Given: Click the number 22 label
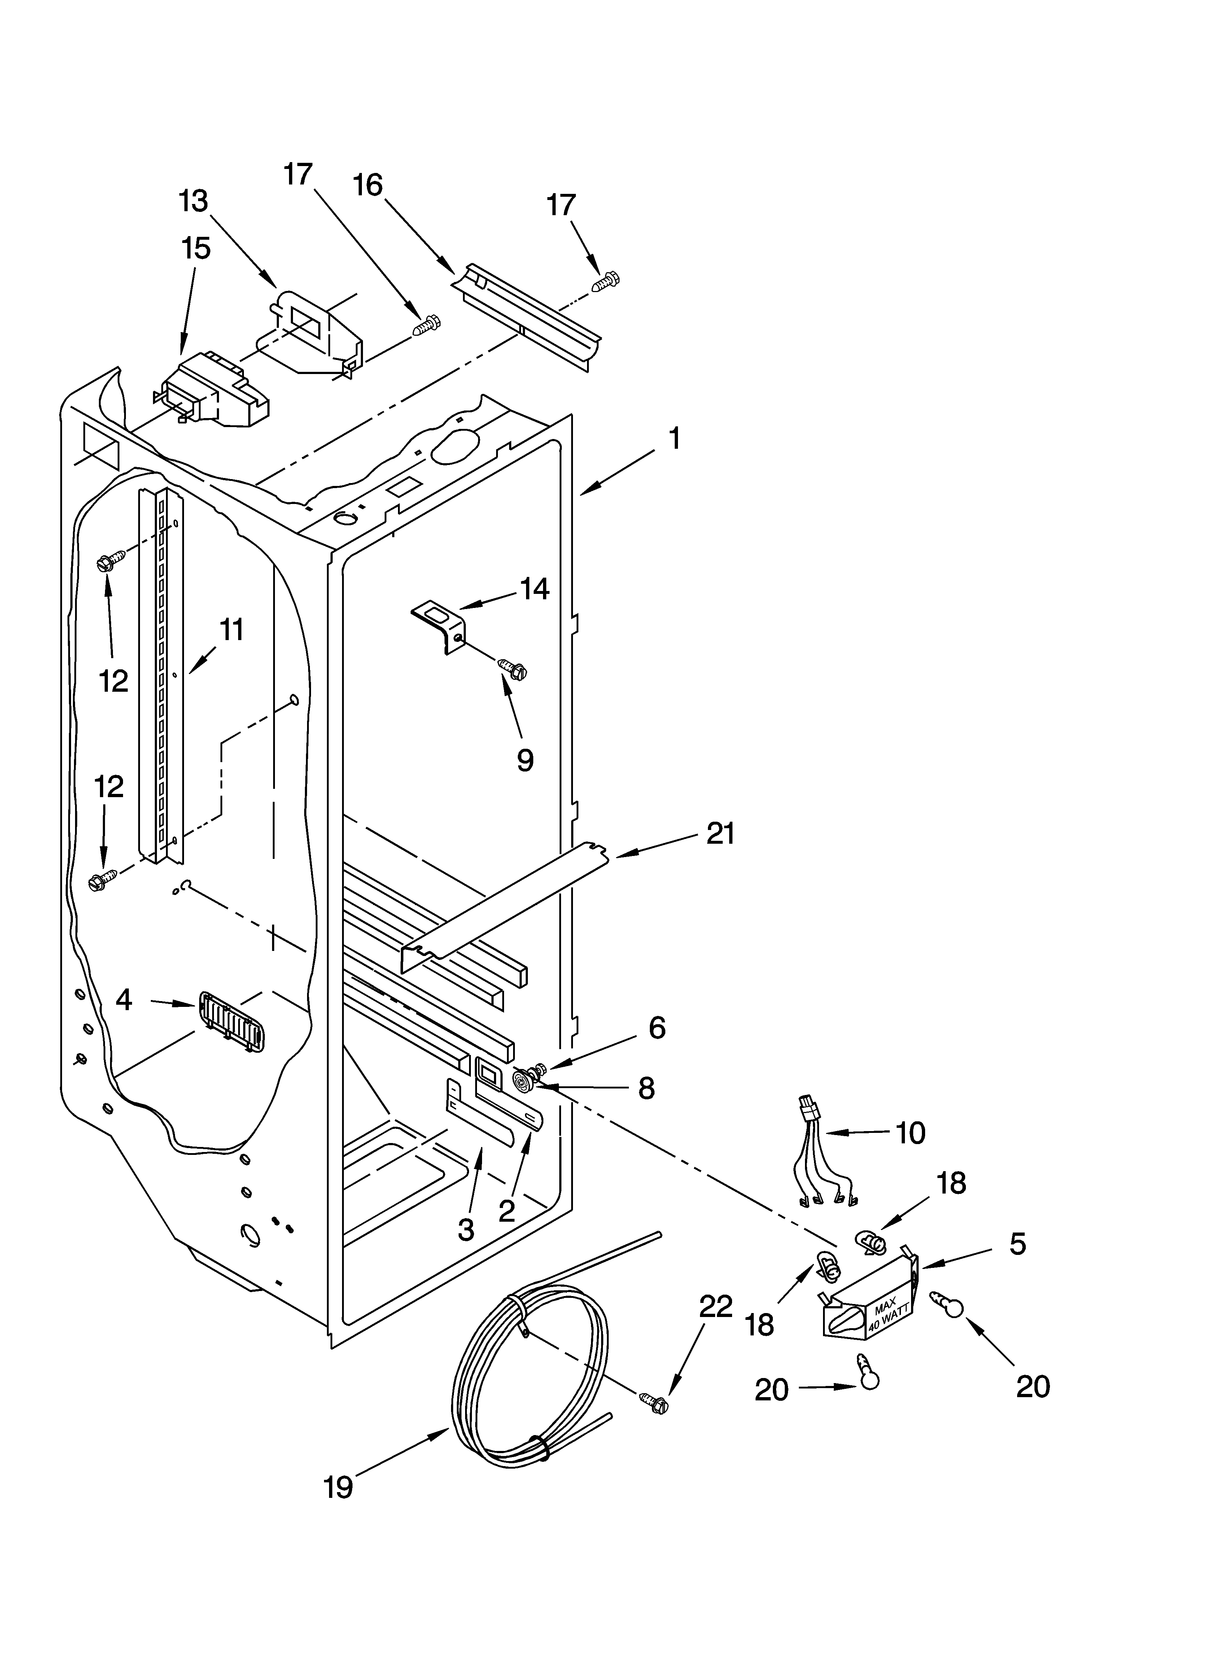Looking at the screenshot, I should [x=715, y=1306].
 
